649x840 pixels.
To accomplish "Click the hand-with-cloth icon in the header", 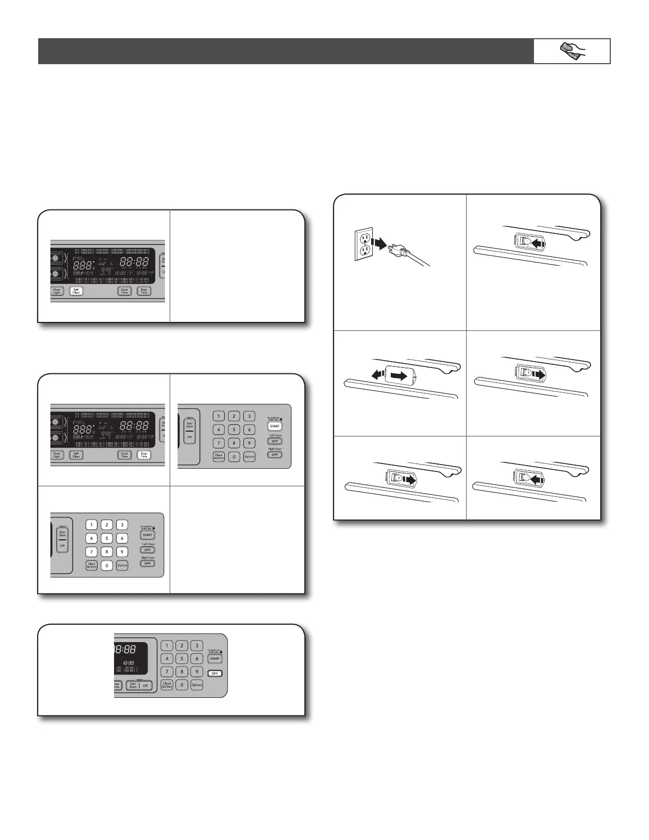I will pos(572,51).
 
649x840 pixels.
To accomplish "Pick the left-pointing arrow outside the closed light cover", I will pos(377,375).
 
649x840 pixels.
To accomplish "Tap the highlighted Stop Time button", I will pos(144,454).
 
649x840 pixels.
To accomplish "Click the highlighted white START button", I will pos(275,426).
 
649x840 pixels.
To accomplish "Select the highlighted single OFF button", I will pos(214,673).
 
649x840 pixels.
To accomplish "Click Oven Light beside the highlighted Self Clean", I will pos(57,291).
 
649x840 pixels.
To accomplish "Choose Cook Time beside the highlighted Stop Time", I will pos(125,454).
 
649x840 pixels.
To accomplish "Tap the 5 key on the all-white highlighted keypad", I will pos(107,538).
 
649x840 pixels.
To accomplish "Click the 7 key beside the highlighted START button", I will pos(218,443).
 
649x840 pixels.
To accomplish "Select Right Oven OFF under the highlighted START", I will pos(275,454).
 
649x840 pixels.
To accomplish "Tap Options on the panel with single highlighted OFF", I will pos(197,685).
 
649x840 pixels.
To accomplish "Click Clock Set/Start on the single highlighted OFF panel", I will pos(167,685).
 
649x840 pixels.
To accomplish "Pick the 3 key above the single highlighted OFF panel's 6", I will pos(197,645).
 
